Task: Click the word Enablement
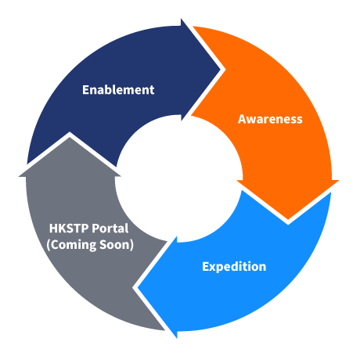click(x=118, y=90)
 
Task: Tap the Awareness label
click(x=270, y=119)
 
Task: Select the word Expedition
click(x=234, y=267)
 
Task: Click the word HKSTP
click(x=69, y=229)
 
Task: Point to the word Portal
click(x=110, y=229)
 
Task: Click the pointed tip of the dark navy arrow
click(x=221, y=70)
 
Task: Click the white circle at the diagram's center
click(x=179, y=179)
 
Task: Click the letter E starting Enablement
click(x=85, y=90)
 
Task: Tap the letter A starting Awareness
click(x=242, y=119)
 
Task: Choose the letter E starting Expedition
click(x=206, y=266)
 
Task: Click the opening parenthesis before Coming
click(x=49, y=245)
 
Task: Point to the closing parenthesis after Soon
click(x=131, y=245)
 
